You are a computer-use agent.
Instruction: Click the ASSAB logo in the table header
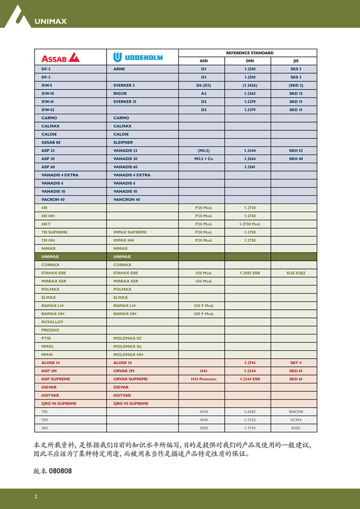(x=60, y=57)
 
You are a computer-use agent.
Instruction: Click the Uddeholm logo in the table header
(x=138, y=57)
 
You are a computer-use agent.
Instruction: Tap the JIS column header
(x=296, y=61)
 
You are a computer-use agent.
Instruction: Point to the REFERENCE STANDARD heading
(x=249, y=53)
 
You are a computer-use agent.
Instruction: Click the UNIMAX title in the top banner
(x=50, y=21)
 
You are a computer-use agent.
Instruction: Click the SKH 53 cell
(x=296, y=151)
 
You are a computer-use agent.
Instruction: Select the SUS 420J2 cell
(x=296, y=273)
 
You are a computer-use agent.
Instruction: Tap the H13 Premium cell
(x=203, y=379)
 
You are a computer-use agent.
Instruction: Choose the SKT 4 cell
(x=296, y=362)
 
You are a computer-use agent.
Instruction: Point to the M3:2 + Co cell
(x=203, y=159)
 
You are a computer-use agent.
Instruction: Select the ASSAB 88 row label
(x=51, y=142)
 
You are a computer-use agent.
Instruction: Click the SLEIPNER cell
(x=123, y=142)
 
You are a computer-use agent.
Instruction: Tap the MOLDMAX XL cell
(x=127, y=346)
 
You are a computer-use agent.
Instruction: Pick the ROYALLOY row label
(x=52, y=322)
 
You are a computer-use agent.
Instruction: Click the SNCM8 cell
(x=296, y=412)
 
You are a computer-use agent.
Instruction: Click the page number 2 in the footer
(x=35, y=496)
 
